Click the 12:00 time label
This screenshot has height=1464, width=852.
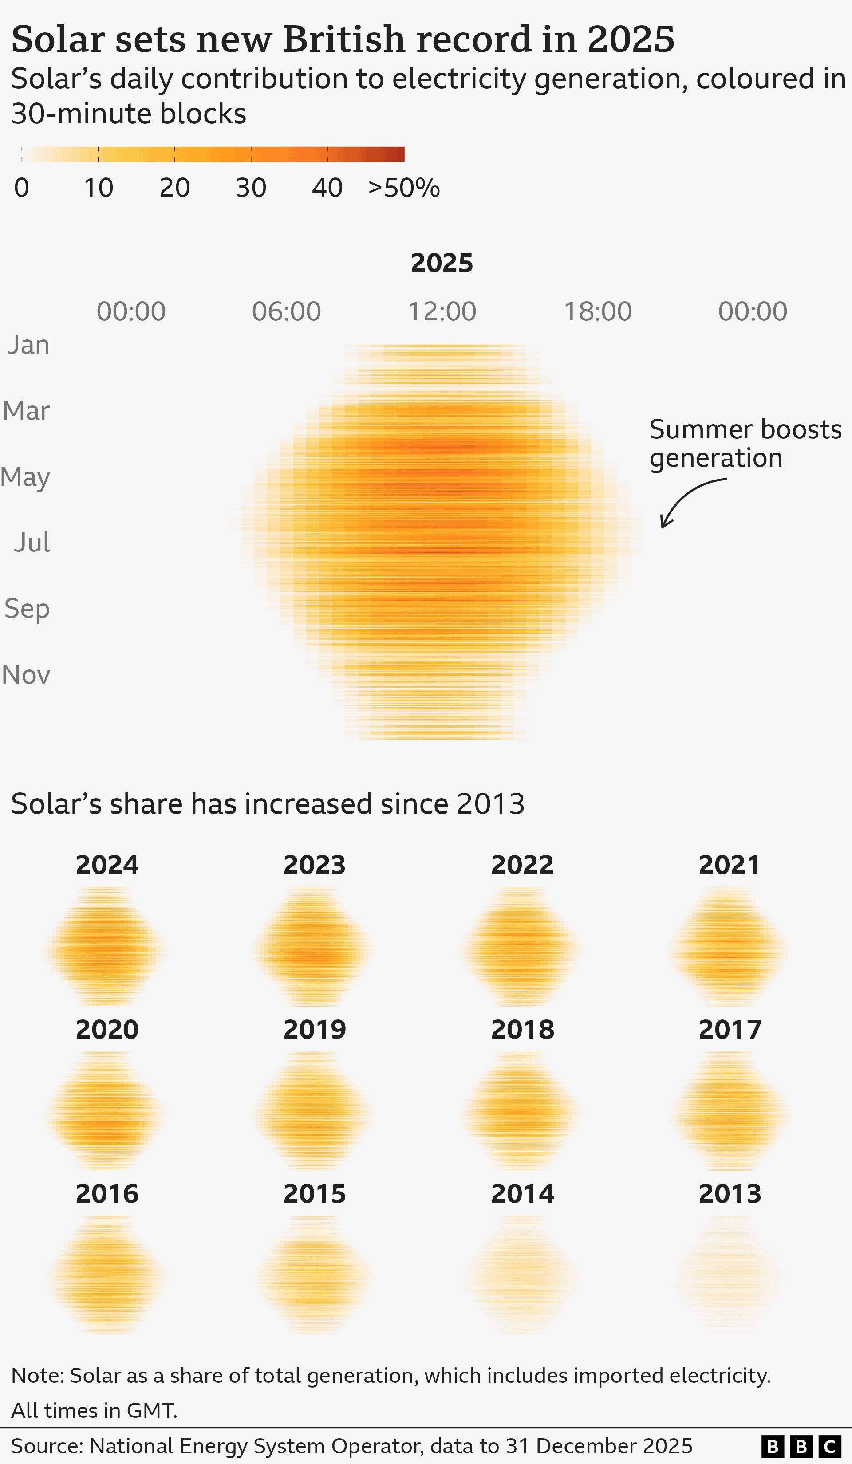click(x=442, y=311)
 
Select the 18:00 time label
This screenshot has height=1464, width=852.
click(x=597, y=311)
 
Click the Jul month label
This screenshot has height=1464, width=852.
click(x=32, y=543)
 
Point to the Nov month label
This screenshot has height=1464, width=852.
click(x=26, y=674)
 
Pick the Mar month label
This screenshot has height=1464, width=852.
click(x=26, y=411)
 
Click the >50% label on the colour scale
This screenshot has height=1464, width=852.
click(x=404, y=188)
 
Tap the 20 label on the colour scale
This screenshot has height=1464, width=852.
click(x=174, y=188)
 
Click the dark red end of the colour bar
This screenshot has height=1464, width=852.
click(x=398, y=154)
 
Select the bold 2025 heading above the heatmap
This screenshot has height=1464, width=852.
click(x=442, y=263)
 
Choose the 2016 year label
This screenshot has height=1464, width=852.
click(x=107, y=1194)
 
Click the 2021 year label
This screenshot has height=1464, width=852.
click(x=730, y=865)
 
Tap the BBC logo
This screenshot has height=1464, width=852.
click(x=801, y=1446)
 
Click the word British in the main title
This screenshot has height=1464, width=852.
click(x=343, y=39)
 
